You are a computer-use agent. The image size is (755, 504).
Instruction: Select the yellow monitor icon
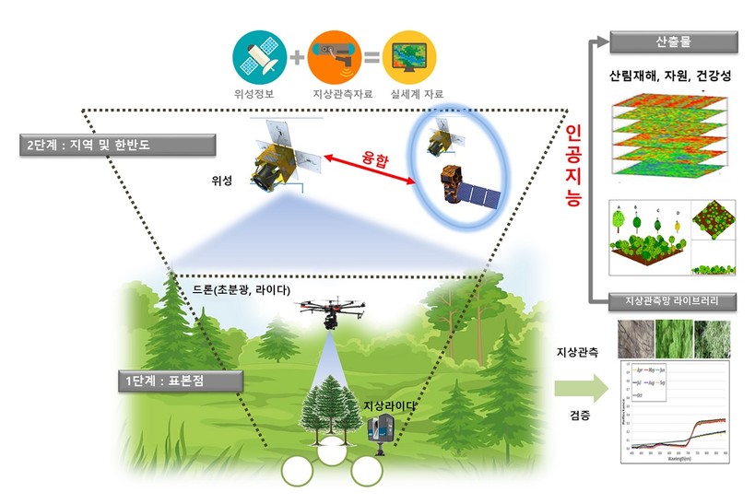[409, 54]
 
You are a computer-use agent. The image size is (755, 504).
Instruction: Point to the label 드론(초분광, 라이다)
[242, 290]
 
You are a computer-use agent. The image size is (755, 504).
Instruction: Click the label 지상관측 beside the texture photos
[579, 351]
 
